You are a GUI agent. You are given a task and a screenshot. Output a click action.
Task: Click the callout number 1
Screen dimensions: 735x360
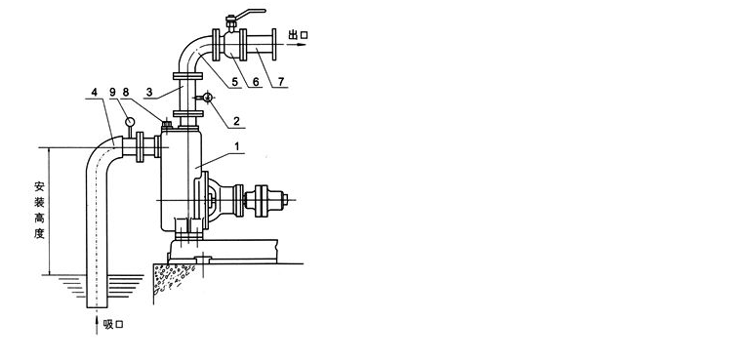(237, 146)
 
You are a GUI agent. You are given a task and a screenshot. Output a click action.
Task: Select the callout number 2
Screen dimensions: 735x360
(237, 121)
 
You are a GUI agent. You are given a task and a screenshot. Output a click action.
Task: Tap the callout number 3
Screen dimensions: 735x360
(149, 92)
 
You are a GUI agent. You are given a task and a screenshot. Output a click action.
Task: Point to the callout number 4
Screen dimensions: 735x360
(95, 93)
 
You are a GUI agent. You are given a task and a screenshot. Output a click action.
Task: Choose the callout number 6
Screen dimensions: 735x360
(256, 82)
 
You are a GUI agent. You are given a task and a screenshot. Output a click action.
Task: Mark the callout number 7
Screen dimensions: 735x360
(280, 82)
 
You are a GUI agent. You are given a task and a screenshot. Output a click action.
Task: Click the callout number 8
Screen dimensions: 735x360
(125, 93)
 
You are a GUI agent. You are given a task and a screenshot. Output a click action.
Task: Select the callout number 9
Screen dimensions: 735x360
(112, 93)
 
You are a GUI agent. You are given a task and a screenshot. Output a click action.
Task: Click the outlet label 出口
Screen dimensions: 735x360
(298, 35)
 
